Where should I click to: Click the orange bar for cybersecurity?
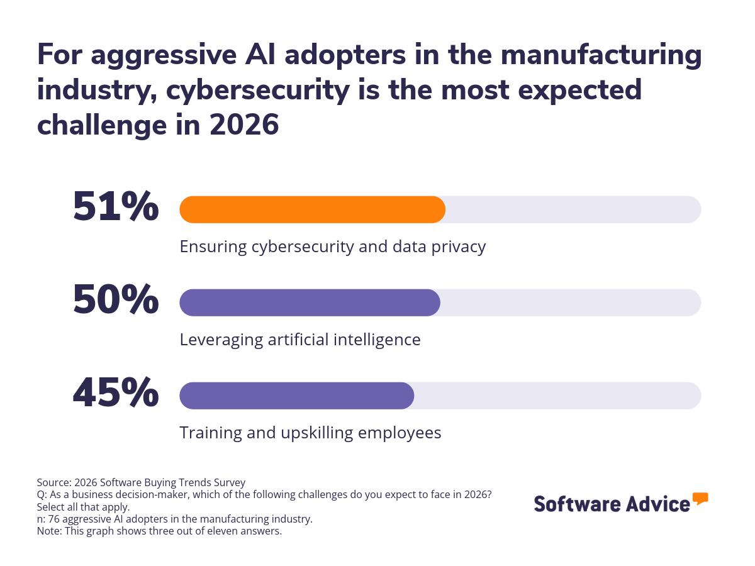[x=312, y=209]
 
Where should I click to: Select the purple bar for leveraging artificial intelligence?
[x=310, y=302]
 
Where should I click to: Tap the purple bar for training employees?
[x=296, y=396]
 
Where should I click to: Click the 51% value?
[x=116, y=207]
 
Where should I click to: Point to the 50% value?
[x=116, y=300]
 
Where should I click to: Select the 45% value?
[x=116, y=393]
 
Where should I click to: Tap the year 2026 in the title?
[x=244, y=125]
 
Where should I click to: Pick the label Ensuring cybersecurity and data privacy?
[x=332, y=247]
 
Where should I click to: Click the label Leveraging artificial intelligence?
[x=299, y=340]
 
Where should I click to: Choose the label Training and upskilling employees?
[x=310, y=433]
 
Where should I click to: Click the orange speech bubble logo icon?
[x=700, y=499]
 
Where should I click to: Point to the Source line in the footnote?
[x=141, y=482]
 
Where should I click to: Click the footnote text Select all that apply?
[x=83, y=506]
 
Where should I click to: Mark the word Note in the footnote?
[x=48, y=531]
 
